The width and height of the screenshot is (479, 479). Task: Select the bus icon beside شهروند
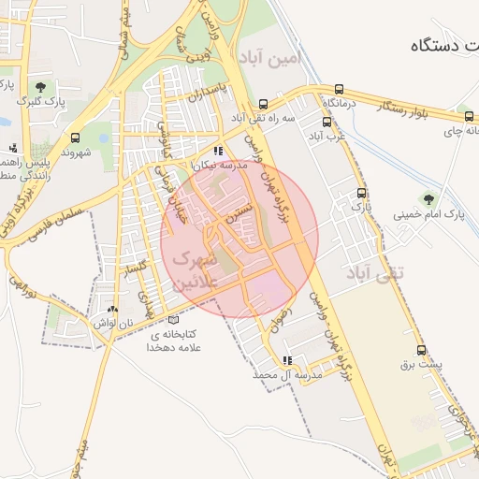tap(76, 137)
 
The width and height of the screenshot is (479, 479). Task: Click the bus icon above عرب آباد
tap(327, 122)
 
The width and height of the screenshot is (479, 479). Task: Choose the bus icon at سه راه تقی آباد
tap(264, 104)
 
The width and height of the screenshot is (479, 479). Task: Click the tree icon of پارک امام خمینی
tap(428, 199)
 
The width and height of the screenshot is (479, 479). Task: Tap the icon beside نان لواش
tap(113, 310)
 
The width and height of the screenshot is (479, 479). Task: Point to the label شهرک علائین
tap(196, 268)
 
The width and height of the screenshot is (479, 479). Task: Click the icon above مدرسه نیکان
tap(218, 151)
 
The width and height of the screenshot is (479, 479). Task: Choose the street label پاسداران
tap(208, 92)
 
